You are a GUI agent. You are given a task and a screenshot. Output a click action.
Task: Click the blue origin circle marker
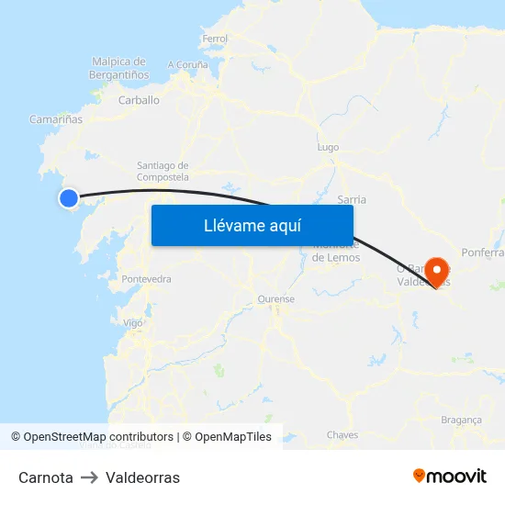click(69, 197)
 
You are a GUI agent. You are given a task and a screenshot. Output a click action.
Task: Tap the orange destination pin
click(437, 270)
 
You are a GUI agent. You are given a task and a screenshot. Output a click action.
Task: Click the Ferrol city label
click(214, 39)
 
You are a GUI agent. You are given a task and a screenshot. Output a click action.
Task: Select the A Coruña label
click(187, 65)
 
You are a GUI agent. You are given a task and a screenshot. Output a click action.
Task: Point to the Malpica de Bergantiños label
click(120, 67)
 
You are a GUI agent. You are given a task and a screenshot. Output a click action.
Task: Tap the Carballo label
click(140, 100)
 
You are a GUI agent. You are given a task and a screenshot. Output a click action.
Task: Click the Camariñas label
click(56, 119)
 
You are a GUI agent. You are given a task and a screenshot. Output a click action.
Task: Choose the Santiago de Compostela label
click(163, 171)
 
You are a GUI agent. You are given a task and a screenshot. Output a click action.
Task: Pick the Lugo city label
click(328, 147)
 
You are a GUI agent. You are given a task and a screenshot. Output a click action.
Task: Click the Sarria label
click(352, 199)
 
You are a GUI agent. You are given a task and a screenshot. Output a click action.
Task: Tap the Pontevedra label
click(146, 278)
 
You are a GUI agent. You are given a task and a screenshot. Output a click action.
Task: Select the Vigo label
click(133, 323)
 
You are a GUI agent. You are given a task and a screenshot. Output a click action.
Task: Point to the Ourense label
click(275, 299)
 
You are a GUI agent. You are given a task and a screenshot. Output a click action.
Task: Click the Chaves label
click(342, 435)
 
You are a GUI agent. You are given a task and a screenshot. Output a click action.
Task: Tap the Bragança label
click(462, 420)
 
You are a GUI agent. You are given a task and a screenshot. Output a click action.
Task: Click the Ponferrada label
click(484, 252)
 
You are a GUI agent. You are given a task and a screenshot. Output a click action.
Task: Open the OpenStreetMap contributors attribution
click(98, 437)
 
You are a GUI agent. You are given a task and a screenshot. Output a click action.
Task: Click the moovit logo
click(450, 477)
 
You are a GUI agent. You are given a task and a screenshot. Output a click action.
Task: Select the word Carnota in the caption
click(46, 477)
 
